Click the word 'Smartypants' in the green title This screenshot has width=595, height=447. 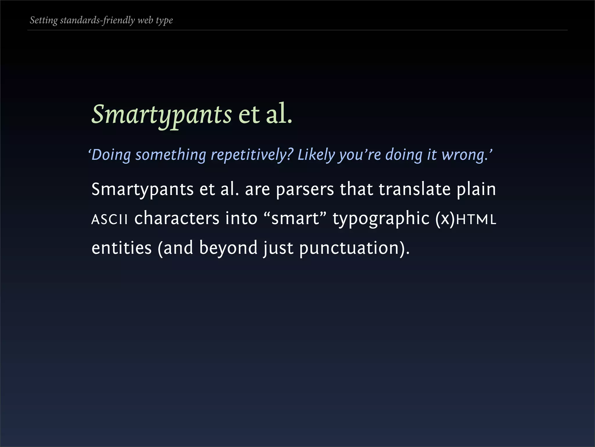click(x=162, y=115)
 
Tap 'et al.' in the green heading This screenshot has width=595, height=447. click(x=265, y=114)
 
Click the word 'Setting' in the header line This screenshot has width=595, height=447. click(x=44, y=20)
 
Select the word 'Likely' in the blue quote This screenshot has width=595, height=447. click(x=316, y=155)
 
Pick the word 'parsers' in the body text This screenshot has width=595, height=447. click(x=305, y=190)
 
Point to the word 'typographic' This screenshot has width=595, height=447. click(x=381, y=219)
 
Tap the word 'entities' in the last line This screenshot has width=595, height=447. click(x=121, y=248)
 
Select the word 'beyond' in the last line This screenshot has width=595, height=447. click(x=228, y=248)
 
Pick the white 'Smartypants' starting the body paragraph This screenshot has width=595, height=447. click(x=142, y=190)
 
